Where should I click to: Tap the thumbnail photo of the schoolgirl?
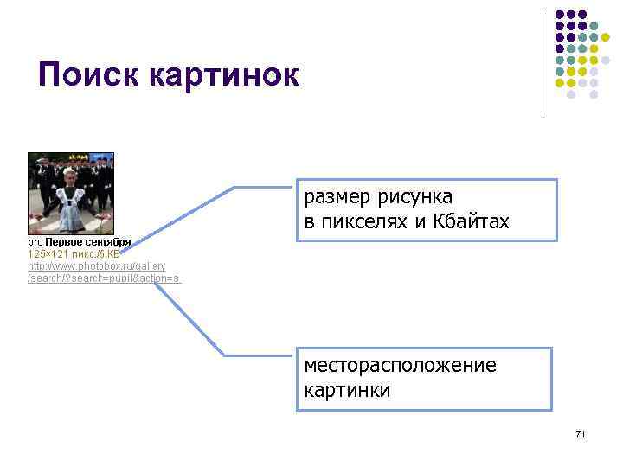(71, 194)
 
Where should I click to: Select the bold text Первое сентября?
(88, 243)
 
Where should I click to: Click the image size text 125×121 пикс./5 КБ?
(74, 254)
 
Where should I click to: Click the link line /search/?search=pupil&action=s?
(104, 278)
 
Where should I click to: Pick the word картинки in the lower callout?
(347, 389)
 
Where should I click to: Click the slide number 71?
(580, 432)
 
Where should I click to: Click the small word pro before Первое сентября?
(35, 243)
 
